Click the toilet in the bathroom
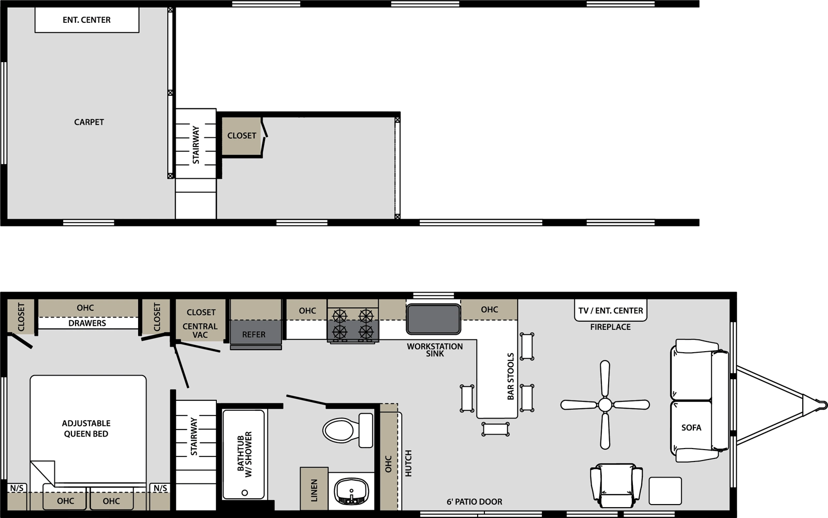[347, 430]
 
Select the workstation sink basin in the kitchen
[433, 319]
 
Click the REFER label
[254, 335]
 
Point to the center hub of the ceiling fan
[605, 405]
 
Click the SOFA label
[691, 428]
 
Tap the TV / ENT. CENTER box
[611, 310]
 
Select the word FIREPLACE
[610, 327]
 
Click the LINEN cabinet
[314, 489]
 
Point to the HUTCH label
[408, 463]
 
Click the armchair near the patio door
[616, 485]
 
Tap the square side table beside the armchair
[665, 491]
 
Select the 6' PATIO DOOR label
[474, 502]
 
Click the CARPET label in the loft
[89, 122]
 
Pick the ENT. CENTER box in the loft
[87, 20]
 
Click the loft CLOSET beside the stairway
[242, 136]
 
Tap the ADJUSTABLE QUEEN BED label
[86, 428]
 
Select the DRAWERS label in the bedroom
[87, 323]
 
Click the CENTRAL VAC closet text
[200, 330]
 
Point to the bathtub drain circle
[244, 493]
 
